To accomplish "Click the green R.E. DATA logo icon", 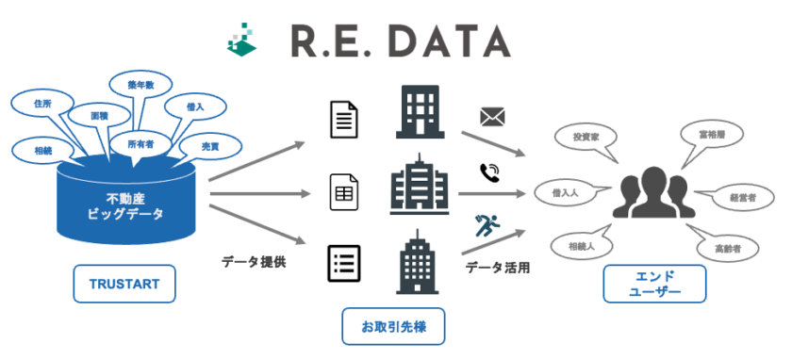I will pos(244,39).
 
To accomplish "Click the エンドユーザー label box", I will pos(654,284).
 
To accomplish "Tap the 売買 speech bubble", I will pos(210,147).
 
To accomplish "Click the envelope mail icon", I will pos(493,117).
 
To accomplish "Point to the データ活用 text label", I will pos(497,268).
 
